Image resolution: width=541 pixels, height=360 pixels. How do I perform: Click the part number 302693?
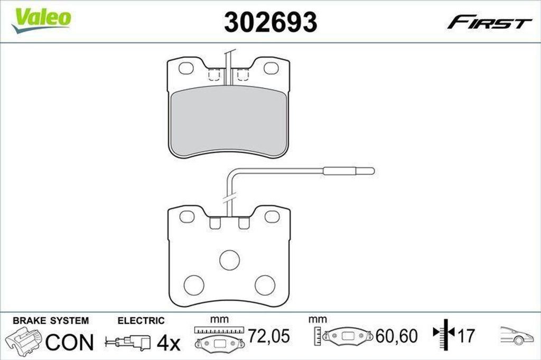pyautogui.click(x=270, y=22)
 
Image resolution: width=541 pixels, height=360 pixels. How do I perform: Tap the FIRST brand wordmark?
pyautogui.click(x=489, y=22)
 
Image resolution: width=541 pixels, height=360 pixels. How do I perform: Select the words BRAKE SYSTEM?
pyautogui.click(x=51, y=320)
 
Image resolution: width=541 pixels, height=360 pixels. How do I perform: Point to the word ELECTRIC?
pyautogui.click(x=141, y=320)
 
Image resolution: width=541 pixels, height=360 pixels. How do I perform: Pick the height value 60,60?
pyautogui.click(x=396, y=336)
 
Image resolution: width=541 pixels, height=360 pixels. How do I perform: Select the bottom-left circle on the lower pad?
pyautogui.click(x=194, y=285)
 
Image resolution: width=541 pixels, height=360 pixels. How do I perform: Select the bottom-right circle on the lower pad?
pyautogui.click(x=265, y=285)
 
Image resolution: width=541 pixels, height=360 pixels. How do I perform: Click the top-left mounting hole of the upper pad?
pyautogui.click(x=186, y=68)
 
